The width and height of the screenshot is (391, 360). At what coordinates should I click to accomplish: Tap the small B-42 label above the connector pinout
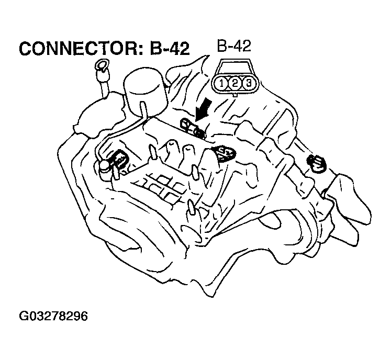[x=234, y=47]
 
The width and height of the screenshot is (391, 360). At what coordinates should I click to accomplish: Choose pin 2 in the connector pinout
[x=236, y=83]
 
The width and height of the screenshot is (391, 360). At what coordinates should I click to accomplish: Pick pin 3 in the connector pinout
[x=249, y=83]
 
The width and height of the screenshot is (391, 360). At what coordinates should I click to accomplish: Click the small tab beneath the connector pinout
[x=236, y=95]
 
